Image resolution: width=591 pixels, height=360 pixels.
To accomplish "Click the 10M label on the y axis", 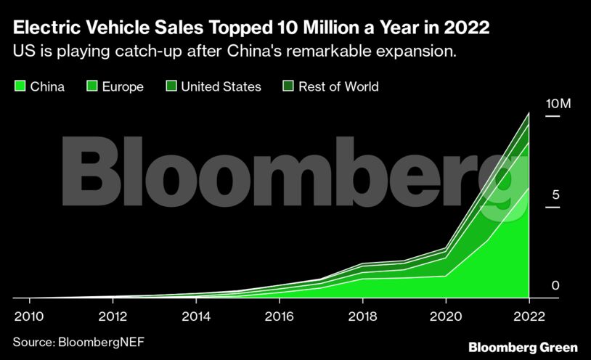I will [558, 104].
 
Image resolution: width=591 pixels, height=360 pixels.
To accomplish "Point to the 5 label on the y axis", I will [555, 195].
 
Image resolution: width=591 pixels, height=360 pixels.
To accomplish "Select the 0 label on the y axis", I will [555, 285].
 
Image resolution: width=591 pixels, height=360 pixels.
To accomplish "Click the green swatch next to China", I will [20, 86].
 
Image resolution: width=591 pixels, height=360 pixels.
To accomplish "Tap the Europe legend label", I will [123, 86].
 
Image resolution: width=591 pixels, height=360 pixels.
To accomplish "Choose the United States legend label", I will [221, 86].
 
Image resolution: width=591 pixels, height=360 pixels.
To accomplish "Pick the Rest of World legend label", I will [338, 86].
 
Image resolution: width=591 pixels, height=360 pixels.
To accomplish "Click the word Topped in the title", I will [237, 29].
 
